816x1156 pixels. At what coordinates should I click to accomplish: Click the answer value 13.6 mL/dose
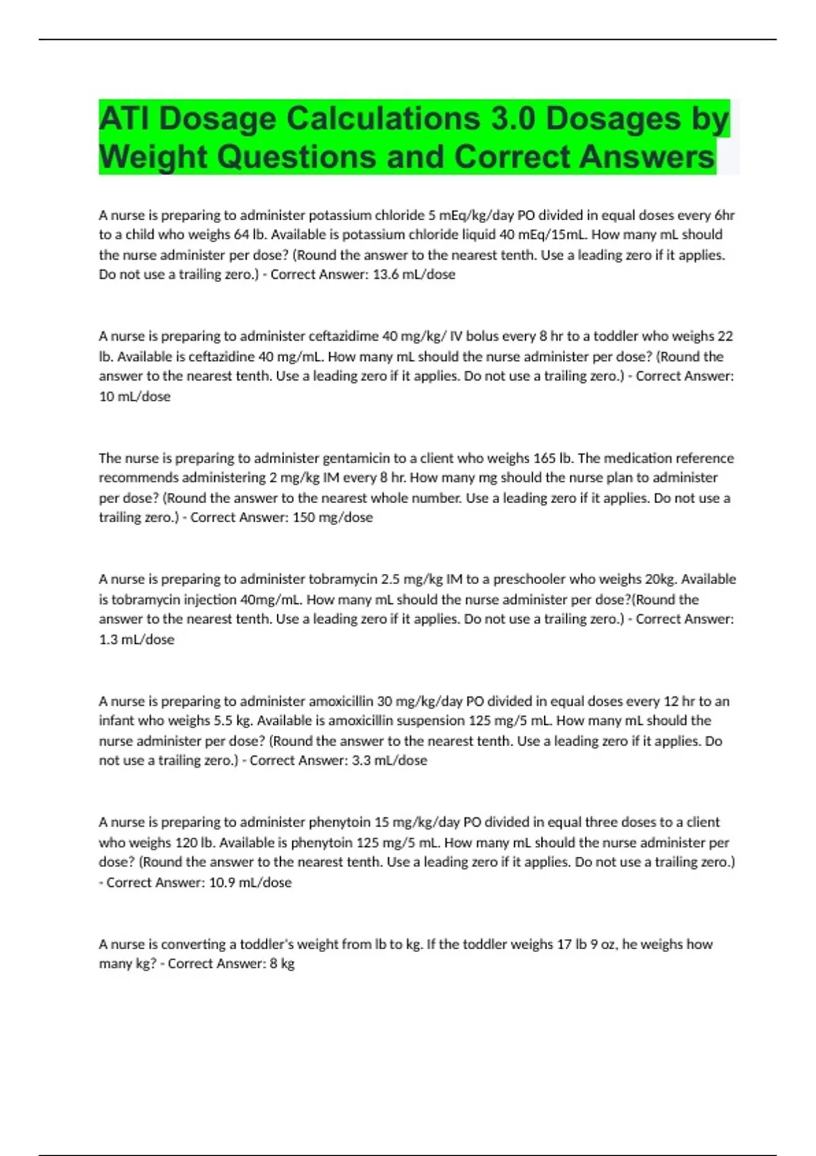click(414, 275)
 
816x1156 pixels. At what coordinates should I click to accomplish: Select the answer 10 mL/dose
click(135, 396)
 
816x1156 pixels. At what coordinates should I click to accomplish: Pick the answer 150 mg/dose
click(333, 517)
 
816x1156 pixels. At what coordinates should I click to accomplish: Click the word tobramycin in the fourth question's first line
click(343, 579)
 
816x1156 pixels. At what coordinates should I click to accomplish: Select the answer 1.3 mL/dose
click(137, 639)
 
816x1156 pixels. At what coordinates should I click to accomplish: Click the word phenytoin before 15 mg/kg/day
click(339, 822)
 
